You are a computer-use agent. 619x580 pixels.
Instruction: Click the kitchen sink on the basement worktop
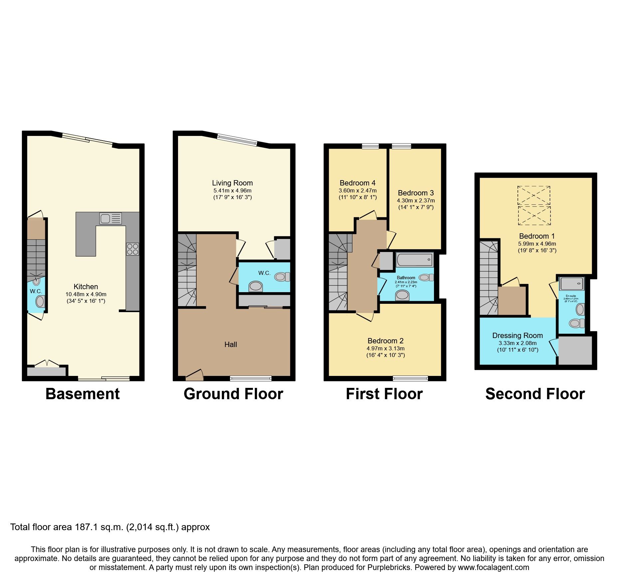click(x=110, y=219)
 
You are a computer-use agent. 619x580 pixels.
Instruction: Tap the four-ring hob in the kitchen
click(x=132, y=249)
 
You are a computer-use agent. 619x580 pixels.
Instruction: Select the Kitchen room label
click(x=86, y=287)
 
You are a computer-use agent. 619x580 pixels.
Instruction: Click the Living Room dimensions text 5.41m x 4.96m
click(x=232, y=190)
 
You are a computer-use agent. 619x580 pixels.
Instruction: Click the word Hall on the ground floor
click(x=231, y=344)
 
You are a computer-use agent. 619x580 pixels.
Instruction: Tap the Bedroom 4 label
click(x=357, y=183)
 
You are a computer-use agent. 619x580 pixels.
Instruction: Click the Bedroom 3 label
click(x=416, y=193)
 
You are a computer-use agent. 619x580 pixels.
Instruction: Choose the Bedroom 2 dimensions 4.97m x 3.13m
click(x=385, y=348)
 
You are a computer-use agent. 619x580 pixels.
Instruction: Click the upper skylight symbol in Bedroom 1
click(x=534, y=195)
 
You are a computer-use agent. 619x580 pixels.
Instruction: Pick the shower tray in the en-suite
click(x=572, y=284)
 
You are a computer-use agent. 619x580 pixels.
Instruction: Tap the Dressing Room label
click(x=517, y=335)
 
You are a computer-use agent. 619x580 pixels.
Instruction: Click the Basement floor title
click(x=83, y=394)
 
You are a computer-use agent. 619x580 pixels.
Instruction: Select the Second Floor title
click(x=535, y=394)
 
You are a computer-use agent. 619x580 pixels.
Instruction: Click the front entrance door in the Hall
click(x=194, y=376)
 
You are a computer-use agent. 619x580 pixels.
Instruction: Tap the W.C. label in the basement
click(x=36, y=291)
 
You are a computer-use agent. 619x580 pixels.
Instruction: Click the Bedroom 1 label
click(x=537, y=236)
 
